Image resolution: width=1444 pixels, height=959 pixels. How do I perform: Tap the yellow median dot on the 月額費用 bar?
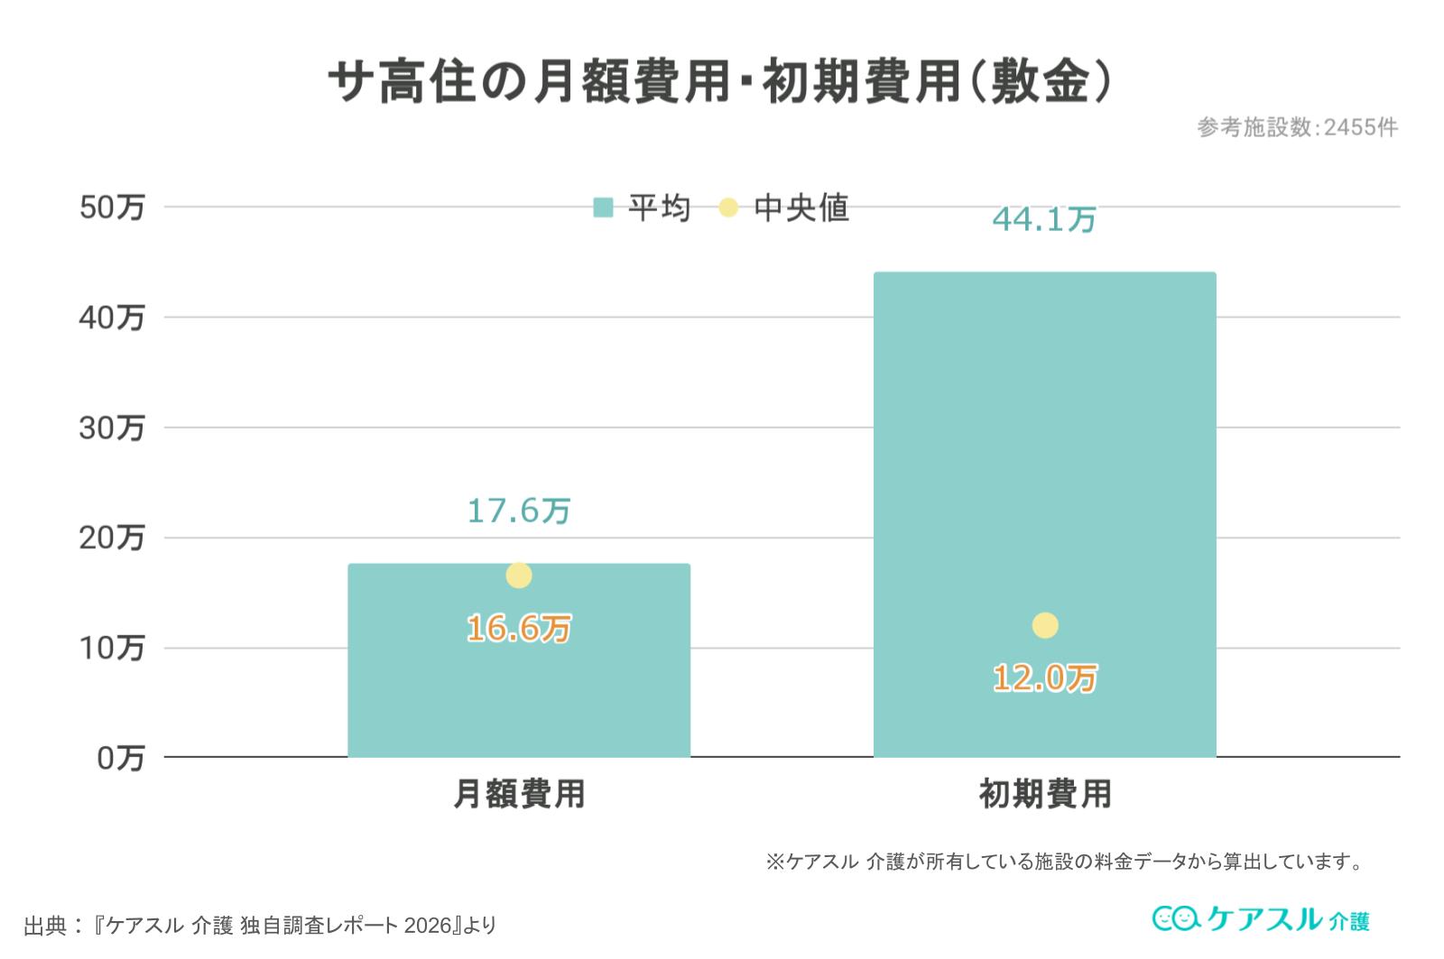click(x=519, y=575)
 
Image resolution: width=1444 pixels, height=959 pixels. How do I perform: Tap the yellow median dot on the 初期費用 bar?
click(x=1045, y=625)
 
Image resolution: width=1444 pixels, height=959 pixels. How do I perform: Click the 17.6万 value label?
click(x=519, y=512)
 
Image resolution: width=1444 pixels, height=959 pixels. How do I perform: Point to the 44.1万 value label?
click(x=1044, y=219)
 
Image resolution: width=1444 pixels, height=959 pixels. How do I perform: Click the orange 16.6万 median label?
click(x=519, y=628)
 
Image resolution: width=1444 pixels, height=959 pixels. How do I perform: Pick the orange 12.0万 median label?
click(x=1045, y=678)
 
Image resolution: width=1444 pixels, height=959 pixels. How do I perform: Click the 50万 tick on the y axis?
click(x=112, y=207)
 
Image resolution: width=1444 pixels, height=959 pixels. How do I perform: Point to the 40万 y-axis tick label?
click(x=112, y=318)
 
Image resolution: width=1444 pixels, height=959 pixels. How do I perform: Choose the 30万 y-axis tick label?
click(x=112, y=429)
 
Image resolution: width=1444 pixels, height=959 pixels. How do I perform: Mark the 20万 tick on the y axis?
click(x=112, y=539)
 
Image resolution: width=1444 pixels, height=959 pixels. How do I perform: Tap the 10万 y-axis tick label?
click(x=112, y=649)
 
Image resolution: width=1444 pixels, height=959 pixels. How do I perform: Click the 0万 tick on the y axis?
click(x=120, y=759)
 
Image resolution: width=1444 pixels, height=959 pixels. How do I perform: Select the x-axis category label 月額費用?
click(x=519, y=795)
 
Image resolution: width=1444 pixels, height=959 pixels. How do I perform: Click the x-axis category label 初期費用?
click(x=1045, y=795)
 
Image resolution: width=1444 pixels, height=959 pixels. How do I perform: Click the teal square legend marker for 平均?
click(x=603, y=208)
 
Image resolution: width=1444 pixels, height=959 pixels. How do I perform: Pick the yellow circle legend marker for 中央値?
click(x=728, y=208)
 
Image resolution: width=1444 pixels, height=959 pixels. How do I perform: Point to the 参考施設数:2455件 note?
click(x=1298, y=128)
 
